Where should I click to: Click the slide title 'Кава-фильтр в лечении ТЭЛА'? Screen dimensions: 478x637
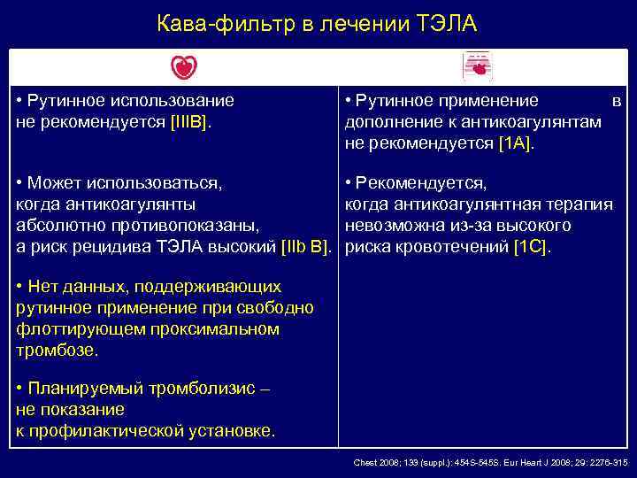(x=317, y=24)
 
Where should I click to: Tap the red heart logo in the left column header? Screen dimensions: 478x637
(x=184, y=66)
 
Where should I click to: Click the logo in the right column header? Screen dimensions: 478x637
(x=478, y=67)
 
